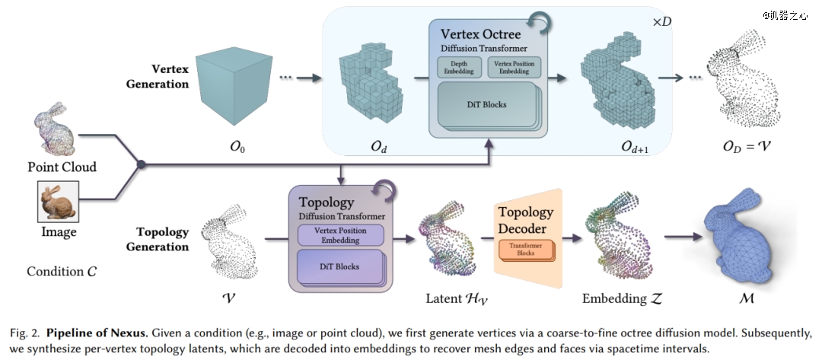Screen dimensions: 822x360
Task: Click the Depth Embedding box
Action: click(459, 67)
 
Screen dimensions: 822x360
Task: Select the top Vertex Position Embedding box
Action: click(514, 67)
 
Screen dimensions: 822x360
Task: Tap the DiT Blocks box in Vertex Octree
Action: click(488, 105)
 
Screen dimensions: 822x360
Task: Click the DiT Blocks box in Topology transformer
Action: click(339, 267)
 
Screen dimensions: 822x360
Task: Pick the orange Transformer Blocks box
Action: click(526, 250)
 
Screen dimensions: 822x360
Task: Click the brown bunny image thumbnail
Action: click(58, 202)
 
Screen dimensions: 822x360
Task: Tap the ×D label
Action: click(661, 22)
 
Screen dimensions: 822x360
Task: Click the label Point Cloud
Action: click(62, 167)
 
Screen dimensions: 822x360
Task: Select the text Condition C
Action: click(62, 272)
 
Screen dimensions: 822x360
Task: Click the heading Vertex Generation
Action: click(158, 77)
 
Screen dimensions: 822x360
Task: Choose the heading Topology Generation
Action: click(158, 239)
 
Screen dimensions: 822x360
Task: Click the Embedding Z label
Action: click(623, 298)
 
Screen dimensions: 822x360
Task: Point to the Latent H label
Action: click(457, 299)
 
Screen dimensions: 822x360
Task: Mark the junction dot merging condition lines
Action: click(141, 164)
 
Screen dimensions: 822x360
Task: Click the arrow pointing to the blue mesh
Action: click(683, 237)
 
